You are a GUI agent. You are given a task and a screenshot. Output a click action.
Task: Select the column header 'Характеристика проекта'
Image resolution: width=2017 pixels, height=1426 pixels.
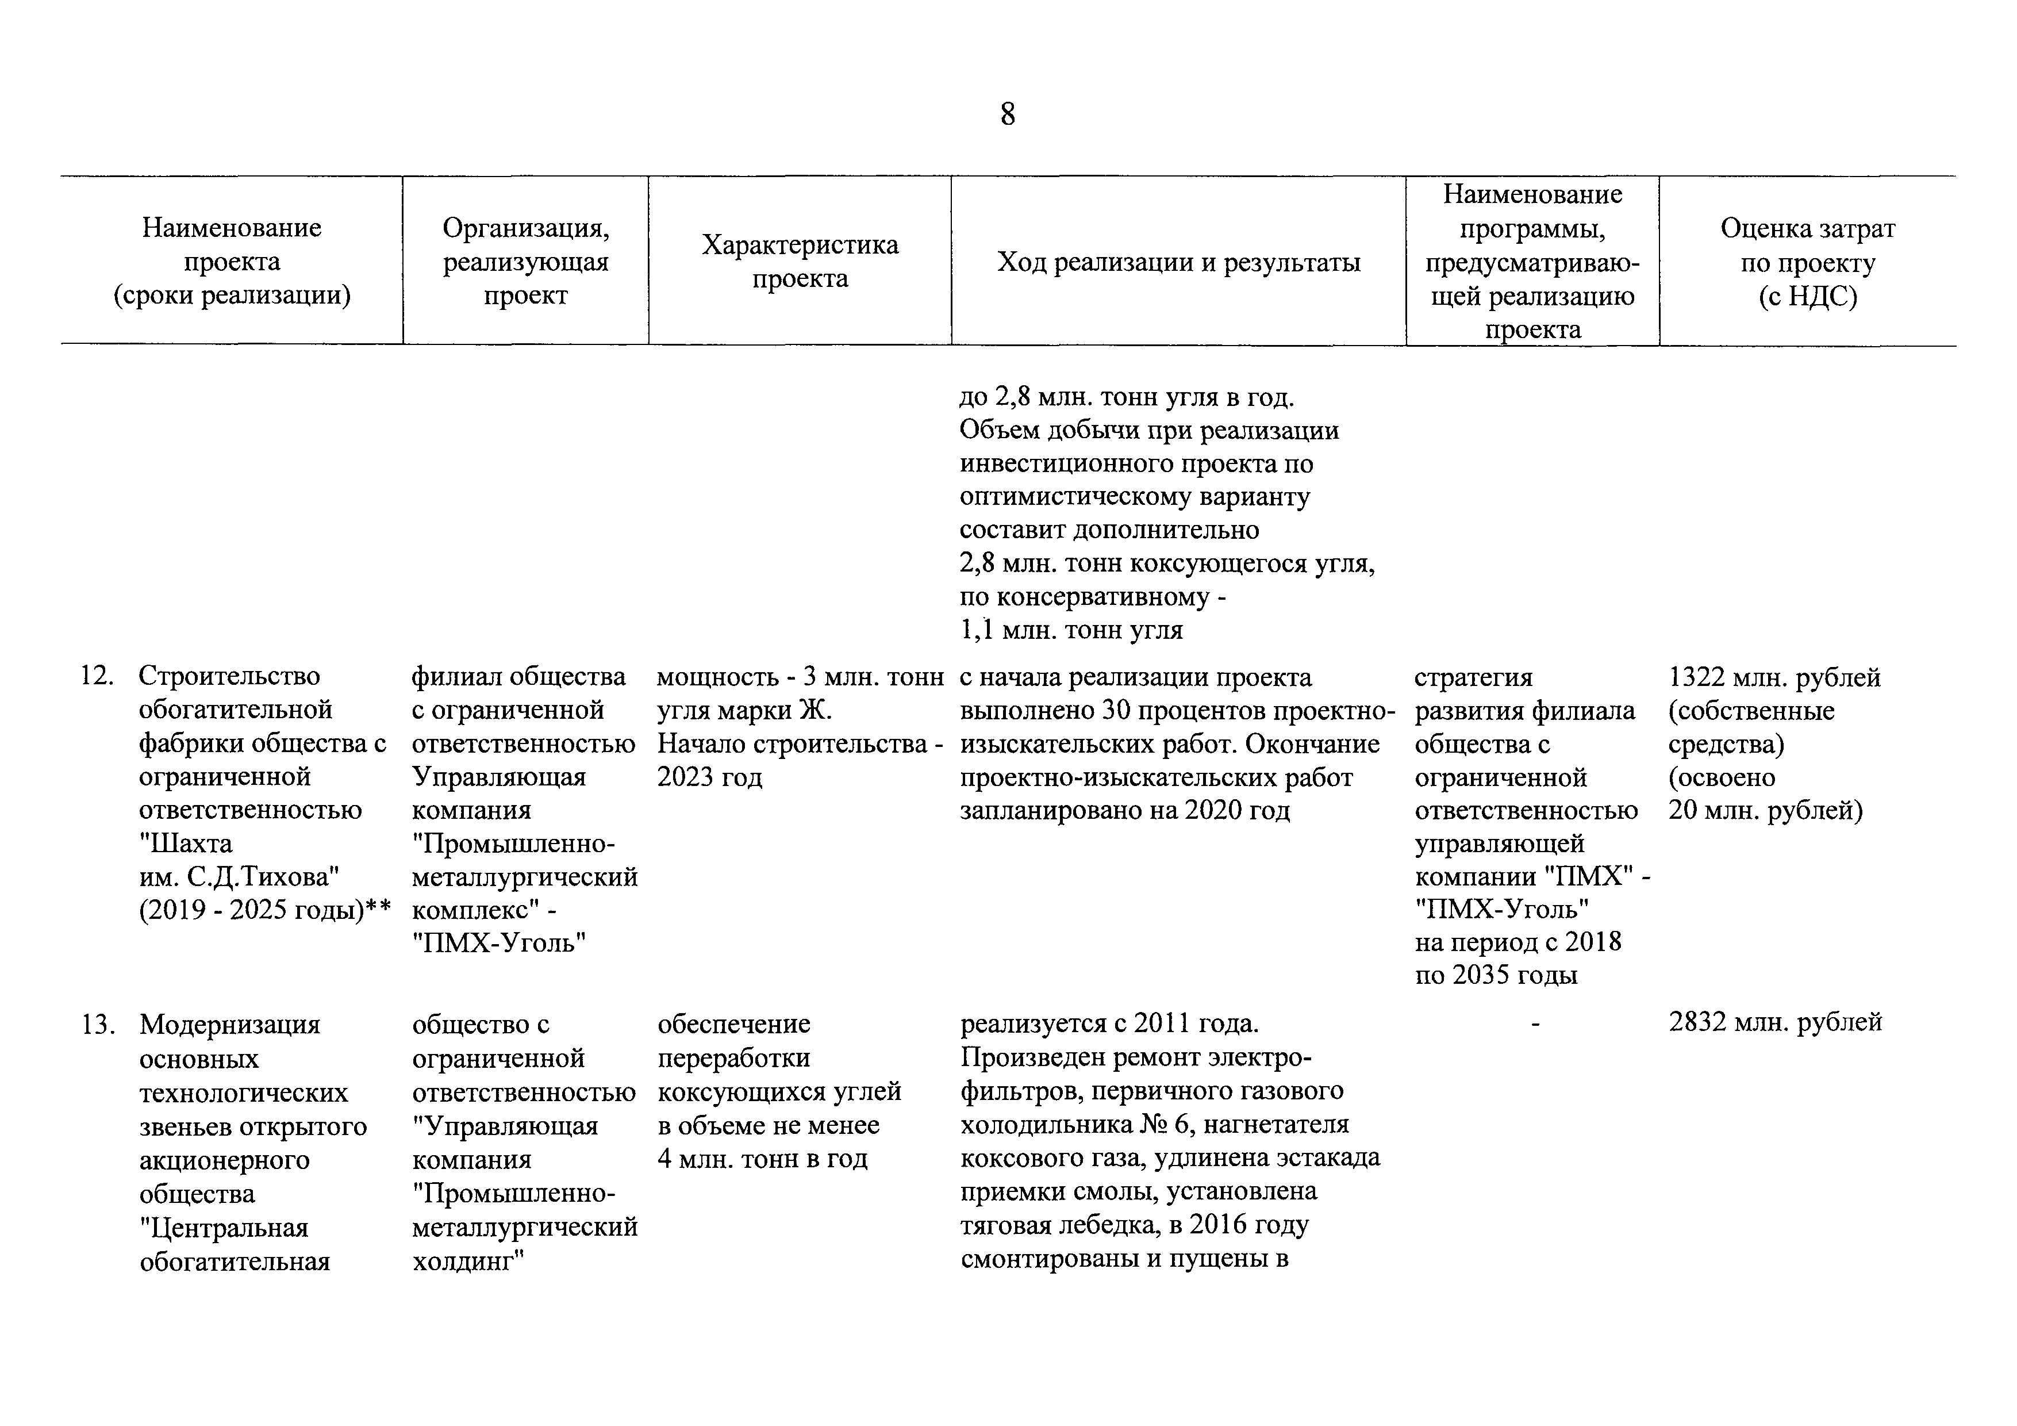pos(800,262)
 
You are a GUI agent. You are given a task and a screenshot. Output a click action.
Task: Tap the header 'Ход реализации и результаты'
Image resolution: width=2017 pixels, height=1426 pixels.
pos(1178,262)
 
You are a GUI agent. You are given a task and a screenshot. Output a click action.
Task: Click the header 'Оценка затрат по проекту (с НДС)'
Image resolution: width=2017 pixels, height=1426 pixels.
pos(1807,262)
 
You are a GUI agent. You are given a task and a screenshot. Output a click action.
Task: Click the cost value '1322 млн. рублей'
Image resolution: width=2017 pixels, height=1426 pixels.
pos(1774,677)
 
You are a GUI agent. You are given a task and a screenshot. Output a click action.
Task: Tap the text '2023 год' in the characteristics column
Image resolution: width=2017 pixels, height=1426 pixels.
pos(710,777)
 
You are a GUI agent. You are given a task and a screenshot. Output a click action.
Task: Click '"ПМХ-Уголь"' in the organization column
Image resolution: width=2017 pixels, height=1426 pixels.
pos(499,944)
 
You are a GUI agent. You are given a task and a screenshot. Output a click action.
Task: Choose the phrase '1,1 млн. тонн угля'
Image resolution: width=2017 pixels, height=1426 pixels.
pos(1071,630)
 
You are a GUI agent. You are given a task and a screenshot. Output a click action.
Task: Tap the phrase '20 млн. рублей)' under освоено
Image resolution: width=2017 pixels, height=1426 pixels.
pos(1765,810)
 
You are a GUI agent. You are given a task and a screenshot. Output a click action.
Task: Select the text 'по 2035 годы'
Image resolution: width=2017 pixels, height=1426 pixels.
pos(1496,975)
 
